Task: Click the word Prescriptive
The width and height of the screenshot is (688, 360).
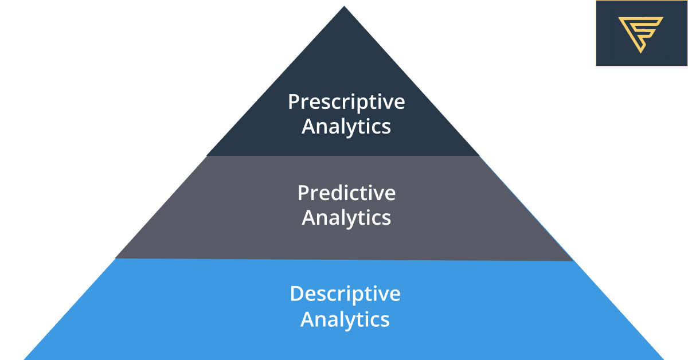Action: point(346,102)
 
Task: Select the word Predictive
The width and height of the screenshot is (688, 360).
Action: point(346,193)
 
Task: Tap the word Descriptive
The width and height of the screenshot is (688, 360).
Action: point(345,294)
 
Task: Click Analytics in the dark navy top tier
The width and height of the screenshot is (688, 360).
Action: point(346,127)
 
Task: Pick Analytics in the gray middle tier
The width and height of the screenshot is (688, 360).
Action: point(346,218)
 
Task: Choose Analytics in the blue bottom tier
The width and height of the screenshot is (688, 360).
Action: point(345,319)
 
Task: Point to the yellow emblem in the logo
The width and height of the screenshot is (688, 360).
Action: point(640,33)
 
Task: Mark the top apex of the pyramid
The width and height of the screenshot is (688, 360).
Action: point(344,7)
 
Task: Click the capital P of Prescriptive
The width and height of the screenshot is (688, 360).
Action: point(293,102)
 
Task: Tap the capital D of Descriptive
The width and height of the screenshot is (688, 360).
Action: point(296,294)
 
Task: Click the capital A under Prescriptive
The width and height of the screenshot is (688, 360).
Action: point(308,127)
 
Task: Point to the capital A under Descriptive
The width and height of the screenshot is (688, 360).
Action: point(307,319)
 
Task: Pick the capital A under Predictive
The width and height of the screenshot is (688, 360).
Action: point(308,218)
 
